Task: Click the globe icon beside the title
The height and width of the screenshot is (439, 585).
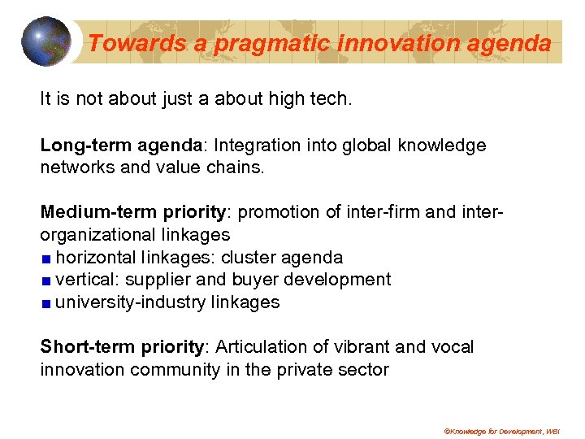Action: pos(46,41)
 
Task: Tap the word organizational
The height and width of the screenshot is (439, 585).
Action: pos(93,235)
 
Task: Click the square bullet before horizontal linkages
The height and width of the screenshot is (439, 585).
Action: pos(47,259)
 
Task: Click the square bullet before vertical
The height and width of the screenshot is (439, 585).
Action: pos(47,280)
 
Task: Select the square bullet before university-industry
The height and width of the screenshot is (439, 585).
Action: pos(47,303)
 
